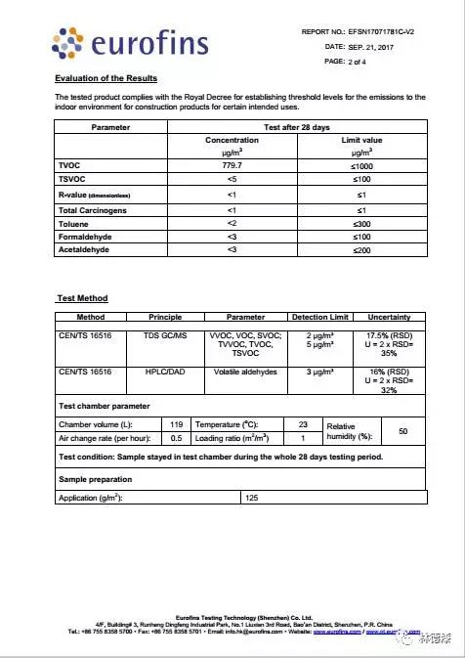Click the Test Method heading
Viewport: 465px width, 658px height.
coord(81,298)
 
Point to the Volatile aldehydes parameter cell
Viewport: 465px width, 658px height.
coord(245,373)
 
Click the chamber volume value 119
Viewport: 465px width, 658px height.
coord(176,425)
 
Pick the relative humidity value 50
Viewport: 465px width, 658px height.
coord(402,431)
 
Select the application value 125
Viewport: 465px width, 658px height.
coord(251,498)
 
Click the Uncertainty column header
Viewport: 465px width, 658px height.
coord(389,317)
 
